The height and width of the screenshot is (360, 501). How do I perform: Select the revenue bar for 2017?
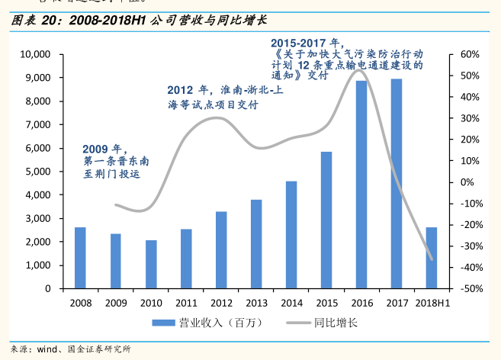(x=397, y=184)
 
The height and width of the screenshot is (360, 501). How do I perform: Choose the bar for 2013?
(x=256, y=244)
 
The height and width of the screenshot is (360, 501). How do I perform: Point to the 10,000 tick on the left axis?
(x=34, y=55)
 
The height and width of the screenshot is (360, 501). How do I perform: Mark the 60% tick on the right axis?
(x=469, y=55)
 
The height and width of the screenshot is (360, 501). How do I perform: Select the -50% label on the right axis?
(x=467, y=289)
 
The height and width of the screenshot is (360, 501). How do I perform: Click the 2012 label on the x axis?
(x=221, y=302)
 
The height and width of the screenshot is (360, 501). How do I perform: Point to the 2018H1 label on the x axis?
(x=432, y=302)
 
